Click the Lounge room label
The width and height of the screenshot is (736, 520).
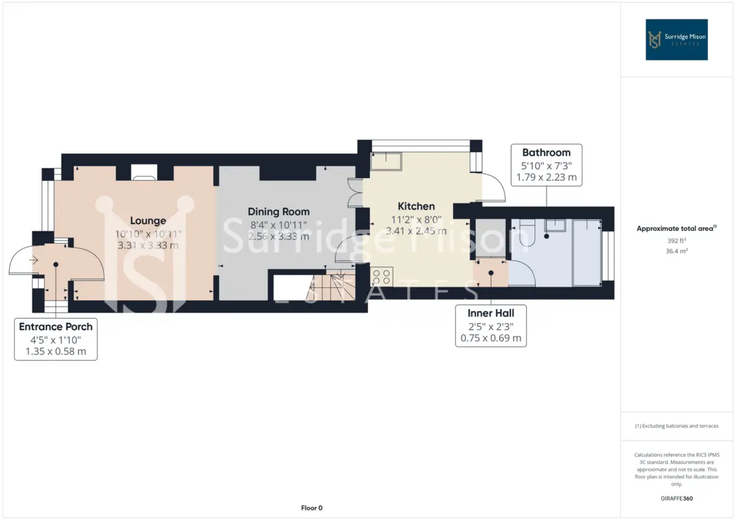[148, 220]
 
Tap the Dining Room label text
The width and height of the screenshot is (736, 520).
[279, 212]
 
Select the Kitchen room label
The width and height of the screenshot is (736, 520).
[416, 206]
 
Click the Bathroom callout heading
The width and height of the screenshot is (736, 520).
[546, 153]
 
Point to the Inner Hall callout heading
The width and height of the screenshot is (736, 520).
[491, 313]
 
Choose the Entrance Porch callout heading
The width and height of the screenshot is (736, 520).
[56, 327]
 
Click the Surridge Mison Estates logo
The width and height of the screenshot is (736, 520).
[676, 40]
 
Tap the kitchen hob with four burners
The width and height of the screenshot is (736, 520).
[382, 276]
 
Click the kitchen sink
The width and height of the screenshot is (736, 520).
[386, 161]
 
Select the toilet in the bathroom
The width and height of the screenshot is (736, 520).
[527, 232]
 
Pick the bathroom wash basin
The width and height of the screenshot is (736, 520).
[555, 225]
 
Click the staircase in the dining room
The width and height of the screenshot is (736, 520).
[331, 285]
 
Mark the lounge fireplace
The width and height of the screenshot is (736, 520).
[144, 172]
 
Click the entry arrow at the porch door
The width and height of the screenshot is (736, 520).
[33, 260]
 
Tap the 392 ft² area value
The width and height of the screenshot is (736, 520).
[676, 240]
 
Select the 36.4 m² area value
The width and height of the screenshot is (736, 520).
[676, 251]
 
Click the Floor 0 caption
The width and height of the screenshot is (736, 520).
[311, 508]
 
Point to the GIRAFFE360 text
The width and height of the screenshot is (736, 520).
[676, 499]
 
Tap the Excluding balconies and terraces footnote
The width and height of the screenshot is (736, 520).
[676, 426]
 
